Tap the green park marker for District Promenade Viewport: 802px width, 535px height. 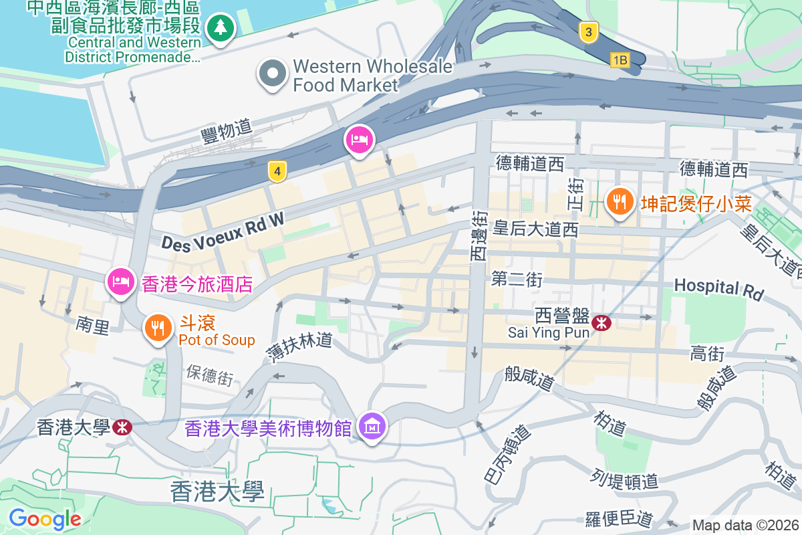coord(219,29)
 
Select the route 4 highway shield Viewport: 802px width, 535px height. coord(277,172)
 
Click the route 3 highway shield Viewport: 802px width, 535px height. coord(588,32)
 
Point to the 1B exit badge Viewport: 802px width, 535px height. coord(620,60)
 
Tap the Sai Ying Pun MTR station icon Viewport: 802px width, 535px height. coord(601,323)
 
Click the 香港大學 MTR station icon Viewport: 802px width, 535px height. coord(122,427)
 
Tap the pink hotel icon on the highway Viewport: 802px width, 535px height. coord(360,140)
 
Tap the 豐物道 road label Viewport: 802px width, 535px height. coord(226,129)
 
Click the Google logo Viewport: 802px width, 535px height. coord(45,518)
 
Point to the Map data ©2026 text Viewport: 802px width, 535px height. coord(745,525)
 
